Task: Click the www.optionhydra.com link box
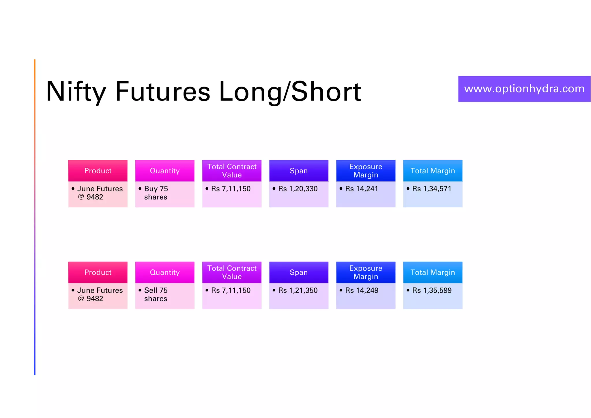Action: pos(524,89)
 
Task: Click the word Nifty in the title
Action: pos(76,92)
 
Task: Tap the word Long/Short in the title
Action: pos(290,92)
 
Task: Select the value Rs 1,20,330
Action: pos(298,189)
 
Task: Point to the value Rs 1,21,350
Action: pos(298,290)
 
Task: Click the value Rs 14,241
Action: pos(361,189)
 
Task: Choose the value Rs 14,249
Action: pos(362,290)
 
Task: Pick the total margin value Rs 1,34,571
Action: pos(431,189)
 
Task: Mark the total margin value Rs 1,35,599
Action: pos(432,290)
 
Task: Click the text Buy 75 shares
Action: pos(156,193)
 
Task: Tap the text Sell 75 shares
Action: pos(156,294)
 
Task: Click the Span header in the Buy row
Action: pos(299,171)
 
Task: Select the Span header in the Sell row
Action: pos(299,272)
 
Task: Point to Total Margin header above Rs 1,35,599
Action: pos(433,272)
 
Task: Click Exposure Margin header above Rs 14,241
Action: pos(366,171)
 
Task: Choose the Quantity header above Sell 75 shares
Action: pos(165,272)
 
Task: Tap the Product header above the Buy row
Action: pos(98,171)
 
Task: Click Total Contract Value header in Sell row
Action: pos(232,272)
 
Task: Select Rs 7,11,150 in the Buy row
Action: pos(231,189)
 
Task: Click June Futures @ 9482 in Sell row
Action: pos(100,294)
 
